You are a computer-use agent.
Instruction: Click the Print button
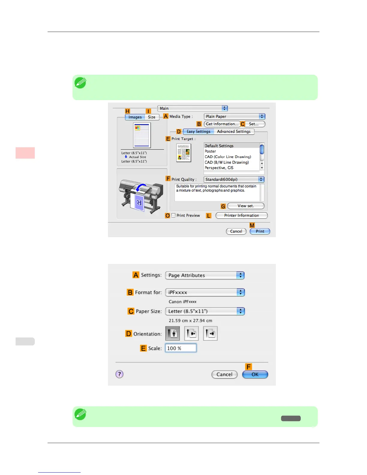260,231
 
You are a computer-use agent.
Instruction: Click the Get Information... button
222,124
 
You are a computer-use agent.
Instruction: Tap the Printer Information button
241,215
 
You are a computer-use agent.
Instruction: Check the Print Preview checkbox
173,215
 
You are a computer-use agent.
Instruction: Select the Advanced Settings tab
234,131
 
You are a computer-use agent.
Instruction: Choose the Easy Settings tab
198,131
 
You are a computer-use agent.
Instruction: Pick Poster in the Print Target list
210,151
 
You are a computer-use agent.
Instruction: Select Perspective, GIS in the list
219,168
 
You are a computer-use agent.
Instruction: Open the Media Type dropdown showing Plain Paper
234,116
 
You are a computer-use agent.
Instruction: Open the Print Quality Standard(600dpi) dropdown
234,179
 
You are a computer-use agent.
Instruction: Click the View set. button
246,206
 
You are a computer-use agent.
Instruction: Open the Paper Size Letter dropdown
205,311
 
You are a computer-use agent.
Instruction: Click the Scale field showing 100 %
181,348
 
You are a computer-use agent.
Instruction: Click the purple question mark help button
119,374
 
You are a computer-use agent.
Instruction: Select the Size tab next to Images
152,117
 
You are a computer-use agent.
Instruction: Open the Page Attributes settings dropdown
205,275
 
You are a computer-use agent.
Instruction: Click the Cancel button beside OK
224,374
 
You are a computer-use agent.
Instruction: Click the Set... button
254,124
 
